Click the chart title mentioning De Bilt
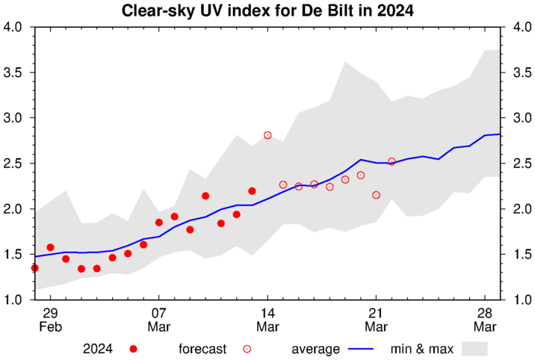click(267, 11)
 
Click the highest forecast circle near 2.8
click(267, 135)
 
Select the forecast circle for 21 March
click(376, 195)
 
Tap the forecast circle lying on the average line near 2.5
click(392, 161)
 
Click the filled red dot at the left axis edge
click(34, 267)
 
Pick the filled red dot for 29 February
click(50, 247)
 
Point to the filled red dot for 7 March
click(159, 223)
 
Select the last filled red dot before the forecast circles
click(252, 191)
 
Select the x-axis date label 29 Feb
click(50, 320)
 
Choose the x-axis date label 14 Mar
click(267, 320)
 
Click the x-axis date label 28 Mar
click(484, 320)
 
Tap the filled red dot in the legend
click(134, 349)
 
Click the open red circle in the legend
click(247, 349)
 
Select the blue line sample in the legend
click(361, 349)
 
